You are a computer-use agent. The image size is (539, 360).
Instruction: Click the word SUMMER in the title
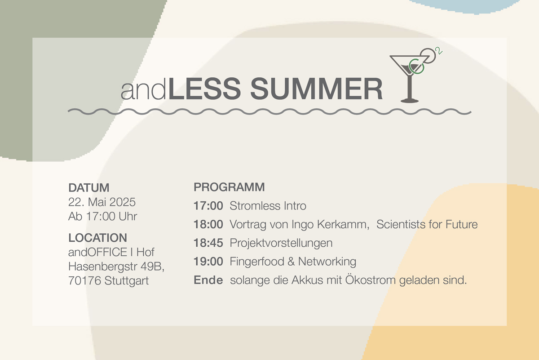[x=316, y=89]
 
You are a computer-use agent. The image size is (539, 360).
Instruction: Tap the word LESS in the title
[x=204, y=89]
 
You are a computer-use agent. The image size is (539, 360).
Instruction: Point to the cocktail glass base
[x=410, y=101]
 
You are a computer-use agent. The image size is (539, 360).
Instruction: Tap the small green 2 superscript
[x=439, y=51]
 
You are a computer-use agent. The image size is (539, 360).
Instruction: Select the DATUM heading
[x=89, y=188]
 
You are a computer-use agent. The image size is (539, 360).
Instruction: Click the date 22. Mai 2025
[x=102, y=202]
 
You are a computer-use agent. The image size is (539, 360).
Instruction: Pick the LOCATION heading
[x=98, y=238]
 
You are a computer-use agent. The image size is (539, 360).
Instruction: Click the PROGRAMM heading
[x=229, y=187]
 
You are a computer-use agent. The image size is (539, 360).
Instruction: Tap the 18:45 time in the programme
[x=208, y=243]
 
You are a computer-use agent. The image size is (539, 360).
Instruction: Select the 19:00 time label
[x=208, y=262]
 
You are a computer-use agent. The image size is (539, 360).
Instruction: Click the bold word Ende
[x=208, y=280]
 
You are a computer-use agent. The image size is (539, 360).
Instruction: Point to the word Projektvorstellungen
[x=281, y=243]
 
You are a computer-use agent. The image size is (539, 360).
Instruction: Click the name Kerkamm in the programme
[x=343, y=224]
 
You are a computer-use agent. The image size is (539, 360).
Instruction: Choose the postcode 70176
[x=84, y=281]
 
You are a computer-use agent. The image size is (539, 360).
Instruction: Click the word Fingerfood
[x=257, y=262]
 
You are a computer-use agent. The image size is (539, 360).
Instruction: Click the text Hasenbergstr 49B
[x=116, y=267]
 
